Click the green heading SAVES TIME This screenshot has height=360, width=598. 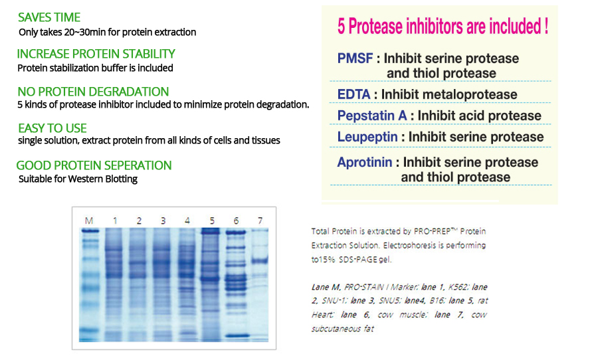click(x=49, y=17)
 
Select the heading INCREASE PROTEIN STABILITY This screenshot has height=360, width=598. click(x=96, y=54)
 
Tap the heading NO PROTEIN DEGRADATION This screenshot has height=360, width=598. click(x=93, y=92)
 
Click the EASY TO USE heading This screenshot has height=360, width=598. click(x=52, y=128)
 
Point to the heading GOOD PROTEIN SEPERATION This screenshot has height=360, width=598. click(x=94, y=165)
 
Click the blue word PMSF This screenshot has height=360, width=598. click(x=355, y=58)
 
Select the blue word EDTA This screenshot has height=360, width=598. click(x=354, y=94)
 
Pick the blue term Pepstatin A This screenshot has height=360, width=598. click(x=372, y=116)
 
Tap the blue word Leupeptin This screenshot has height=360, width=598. click(x=367, y=137)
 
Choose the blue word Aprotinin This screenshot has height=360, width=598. click(x=365, y=162)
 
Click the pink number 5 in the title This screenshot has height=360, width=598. click(x=342, y=27)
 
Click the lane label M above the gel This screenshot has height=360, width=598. click(x=89, y=221)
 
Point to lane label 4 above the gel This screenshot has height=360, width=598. click(x=187, y=221)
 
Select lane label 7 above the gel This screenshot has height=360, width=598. click(x=260, y=221)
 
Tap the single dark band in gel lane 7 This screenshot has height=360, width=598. click(x=260, y=261)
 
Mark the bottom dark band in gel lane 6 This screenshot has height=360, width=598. click(x=237, y=336)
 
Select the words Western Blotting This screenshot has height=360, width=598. click(x=102, y=179)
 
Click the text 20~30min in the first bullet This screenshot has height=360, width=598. click(x=84, y=32)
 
